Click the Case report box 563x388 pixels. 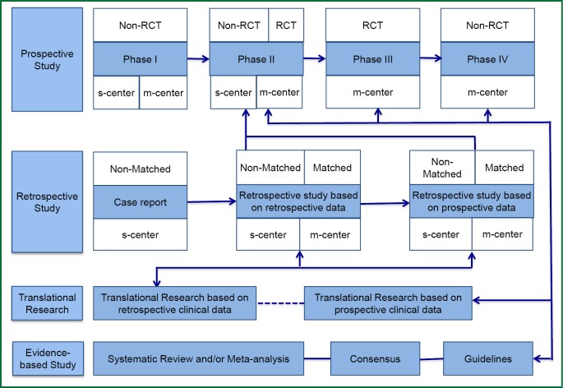tap(139, 201)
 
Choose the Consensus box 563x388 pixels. tap(374, 358)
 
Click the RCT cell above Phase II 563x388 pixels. tap(286, 25)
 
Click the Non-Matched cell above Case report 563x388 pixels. tap(139, 169)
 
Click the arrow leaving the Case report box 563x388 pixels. tap(210, 201)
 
